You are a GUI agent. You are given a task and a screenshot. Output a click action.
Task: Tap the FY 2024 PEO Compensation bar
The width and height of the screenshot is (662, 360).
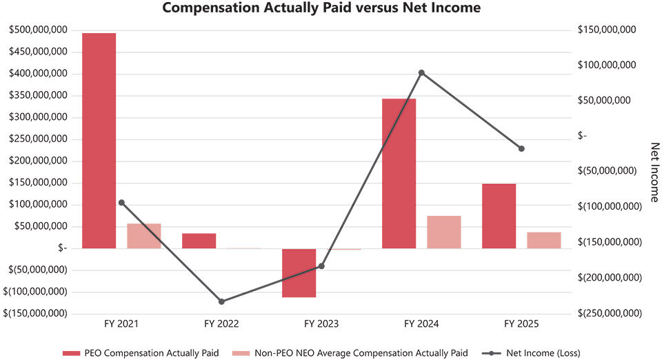pyautogui.click(x=399, y=173)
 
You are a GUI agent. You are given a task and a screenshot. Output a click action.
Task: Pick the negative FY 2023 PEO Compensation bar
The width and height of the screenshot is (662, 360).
pyautogui.click(x=299, y=272)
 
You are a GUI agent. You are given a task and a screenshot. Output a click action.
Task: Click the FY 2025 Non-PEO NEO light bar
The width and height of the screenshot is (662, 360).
pyautogui.click(x=543, y=240)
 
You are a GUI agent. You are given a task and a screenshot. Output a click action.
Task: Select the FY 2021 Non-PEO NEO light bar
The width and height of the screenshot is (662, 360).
pyautogui.click(x=143, y=236)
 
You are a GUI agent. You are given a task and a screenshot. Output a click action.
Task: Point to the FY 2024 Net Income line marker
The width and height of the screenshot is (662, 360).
pyautogui.click(x=421, y=72)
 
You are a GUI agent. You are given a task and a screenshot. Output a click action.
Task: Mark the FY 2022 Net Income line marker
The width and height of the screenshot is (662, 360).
pyautogui.click(x=221, y=301)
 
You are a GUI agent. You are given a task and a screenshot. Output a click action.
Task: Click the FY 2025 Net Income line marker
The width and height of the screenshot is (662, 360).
pyautogui.click(x=521, y=148)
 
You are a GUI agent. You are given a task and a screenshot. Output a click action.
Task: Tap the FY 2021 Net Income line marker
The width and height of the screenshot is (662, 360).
pyautogui.click(x=121, y=202)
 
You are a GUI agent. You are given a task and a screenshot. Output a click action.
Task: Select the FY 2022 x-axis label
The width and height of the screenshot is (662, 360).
pyautogui.click(x=221, y=323)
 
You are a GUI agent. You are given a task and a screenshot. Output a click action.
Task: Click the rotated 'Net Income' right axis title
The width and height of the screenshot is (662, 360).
pyautogui.click(x=655, y=172)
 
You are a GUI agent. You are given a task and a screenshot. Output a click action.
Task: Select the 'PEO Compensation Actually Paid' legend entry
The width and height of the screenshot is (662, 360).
pyautogui.click(x=142, y=353)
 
